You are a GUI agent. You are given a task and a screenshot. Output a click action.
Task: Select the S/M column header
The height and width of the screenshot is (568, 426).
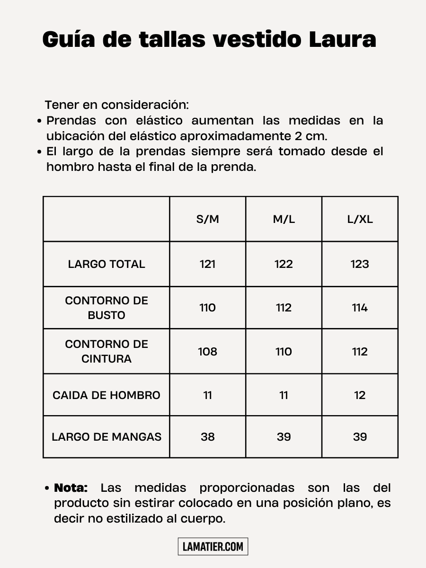click(x=207, y=219)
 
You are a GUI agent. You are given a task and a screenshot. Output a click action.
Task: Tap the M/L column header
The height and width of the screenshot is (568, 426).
click(x=284, y=219)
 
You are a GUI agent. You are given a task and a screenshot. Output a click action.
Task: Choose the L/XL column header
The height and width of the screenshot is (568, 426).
click(x=360, y=219)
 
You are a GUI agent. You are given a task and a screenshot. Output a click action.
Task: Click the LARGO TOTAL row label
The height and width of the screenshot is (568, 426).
click(x=106, y=264)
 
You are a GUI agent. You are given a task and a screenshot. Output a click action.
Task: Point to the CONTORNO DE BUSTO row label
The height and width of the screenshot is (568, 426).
click(x=106, y=308)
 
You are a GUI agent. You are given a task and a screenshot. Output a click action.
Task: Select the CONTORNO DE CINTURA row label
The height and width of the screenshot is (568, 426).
click(x=106, y=351)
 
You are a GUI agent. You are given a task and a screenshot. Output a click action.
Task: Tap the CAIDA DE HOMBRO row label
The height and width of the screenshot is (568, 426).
click(x=106, y=395)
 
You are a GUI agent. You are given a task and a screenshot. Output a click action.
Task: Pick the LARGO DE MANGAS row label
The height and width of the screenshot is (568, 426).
click(x=106, y=437)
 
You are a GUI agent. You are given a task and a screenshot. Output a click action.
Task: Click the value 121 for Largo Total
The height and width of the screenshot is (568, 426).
click(x=207, y=264)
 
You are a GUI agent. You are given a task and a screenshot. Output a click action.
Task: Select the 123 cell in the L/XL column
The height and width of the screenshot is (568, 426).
click(x=360, y=264)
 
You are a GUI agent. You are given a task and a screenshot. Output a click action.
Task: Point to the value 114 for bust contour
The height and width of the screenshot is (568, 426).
click(x=360, y=308)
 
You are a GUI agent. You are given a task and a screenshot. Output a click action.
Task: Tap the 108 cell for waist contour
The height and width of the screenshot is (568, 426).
click(x=207, y=351)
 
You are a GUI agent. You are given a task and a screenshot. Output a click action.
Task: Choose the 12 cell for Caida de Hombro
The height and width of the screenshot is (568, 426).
click(x=360, y=395)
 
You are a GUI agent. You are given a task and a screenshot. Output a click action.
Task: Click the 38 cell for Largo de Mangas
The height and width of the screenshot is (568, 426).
click(x=207, y=437)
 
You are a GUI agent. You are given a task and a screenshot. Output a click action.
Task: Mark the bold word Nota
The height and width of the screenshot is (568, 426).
click(x=71, y=488)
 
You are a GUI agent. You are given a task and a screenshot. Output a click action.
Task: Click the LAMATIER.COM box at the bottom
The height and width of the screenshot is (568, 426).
click(x=213, y=547)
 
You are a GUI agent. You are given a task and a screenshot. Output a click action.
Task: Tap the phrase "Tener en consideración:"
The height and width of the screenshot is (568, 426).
click(x=116, y=105)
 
